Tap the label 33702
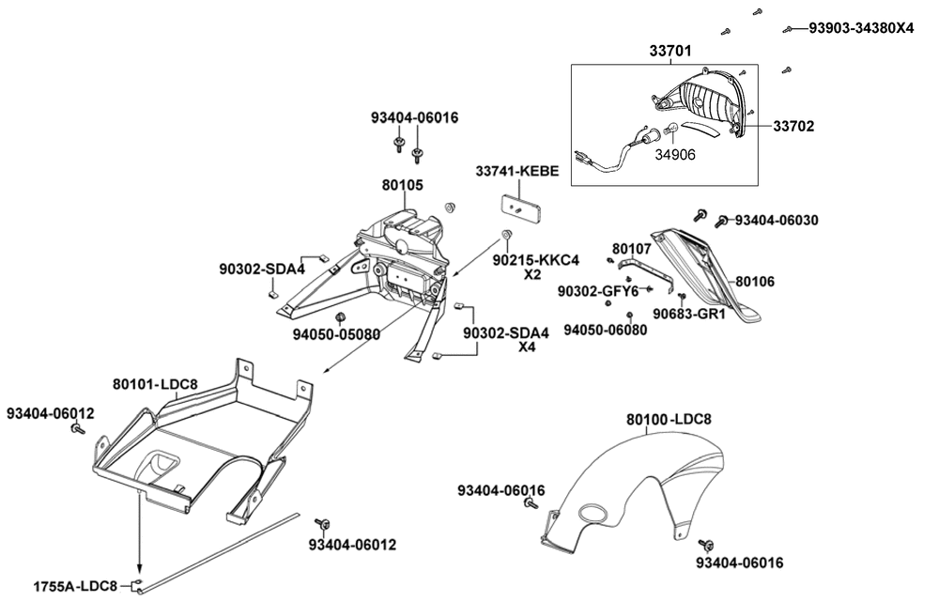[793, 125]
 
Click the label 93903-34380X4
[861, 29]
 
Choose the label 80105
[402, 186]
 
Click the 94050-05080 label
[335, 333]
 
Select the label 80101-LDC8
[155, 384]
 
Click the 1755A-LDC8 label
[75, 587]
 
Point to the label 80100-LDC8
[670, 420]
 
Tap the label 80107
[631, 249]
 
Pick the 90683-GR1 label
[690, 315]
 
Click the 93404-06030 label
[777, 220]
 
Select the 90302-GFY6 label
[597, 291]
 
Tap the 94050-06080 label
[606, 330]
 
